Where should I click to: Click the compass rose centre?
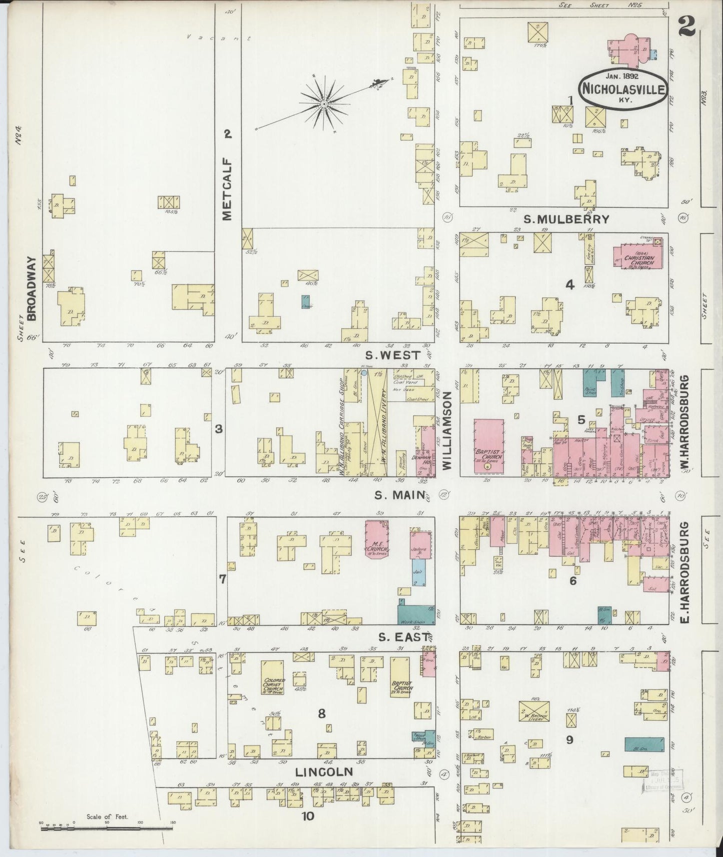point(324,104)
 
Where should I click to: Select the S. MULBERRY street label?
point(566,219)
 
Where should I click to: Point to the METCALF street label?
point(228,189)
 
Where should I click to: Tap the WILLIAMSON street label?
point(447,430)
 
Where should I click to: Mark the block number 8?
point(321,713)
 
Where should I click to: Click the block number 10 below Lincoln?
point(308,816)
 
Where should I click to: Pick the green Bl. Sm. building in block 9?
point(644,744)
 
